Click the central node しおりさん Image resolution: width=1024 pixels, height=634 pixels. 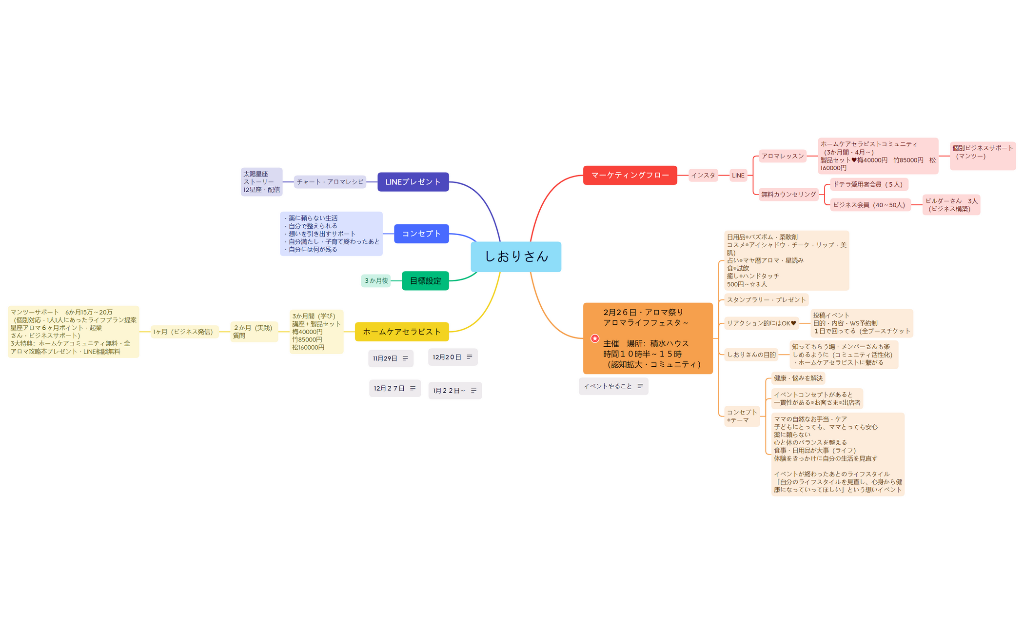coord(516,257)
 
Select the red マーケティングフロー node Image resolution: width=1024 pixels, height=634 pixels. coord(630,175)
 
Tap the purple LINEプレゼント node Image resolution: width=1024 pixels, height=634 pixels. coord(413,182)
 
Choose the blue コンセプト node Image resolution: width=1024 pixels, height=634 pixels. coord(421,234)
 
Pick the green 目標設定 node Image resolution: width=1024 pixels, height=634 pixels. coord(425,281)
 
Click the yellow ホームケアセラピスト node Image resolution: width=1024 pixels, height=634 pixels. coord(402,332)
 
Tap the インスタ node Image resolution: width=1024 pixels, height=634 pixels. coord(703,176)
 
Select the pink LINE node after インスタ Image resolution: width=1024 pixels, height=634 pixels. coord(738,176)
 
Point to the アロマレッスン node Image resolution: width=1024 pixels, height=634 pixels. coord(783,156)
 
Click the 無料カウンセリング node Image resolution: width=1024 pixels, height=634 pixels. coord(788,195)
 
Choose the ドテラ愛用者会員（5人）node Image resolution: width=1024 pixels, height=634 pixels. coord(869,184)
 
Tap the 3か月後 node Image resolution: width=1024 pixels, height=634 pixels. coord(376,281)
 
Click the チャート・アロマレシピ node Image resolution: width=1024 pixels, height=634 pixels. coord(330,182)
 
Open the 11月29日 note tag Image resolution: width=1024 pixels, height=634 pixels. coord(391,358)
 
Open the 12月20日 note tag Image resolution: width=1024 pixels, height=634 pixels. coord(453,357)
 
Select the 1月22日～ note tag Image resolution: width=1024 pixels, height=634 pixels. coord(455,391)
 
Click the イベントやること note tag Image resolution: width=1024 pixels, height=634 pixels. coord(613,386)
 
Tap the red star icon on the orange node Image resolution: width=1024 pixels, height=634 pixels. coord(595,338)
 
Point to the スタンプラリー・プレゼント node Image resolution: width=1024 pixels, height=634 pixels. coord(767,300)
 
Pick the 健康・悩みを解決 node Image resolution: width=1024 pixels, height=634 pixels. coord(798,378)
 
